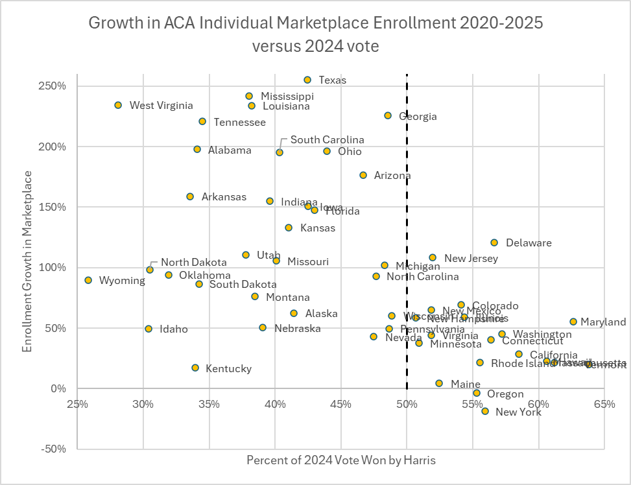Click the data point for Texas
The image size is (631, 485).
tap(307, 80)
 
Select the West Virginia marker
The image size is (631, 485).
tap(118, 105)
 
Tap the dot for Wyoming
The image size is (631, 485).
tap(88, 280)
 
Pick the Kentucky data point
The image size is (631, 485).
tap(195, 368)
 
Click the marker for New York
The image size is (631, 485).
tap(485, 411)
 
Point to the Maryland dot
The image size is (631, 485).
tap(573, 322)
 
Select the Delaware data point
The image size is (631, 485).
tap(494, 242)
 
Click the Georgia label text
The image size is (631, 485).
tap(418, 117)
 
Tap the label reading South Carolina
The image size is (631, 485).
tap(327, 139)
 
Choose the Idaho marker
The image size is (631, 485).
tap(149, 329)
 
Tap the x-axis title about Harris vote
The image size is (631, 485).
tap(340, 460)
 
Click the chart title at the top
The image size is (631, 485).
tap(315, 34)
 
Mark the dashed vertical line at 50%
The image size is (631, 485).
tap(407, 195)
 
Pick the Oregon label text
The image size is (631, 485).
tap(505, 394)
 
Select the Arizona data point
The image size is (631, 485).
tap(363, 175)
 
